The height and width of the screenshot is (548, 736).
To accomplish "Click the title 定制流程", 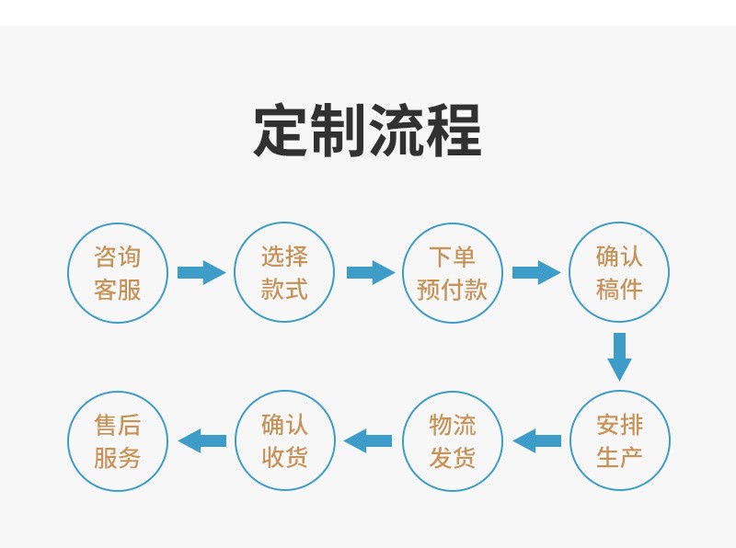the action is pyautogui.click(x=367, y=131).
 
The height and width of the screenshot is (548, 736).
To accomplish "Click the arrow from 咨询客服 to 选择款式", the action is pyautogui.click(x=201, y=272).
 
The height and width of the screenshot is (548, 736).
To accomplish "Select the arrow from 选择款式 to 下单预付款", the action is pyautogui.click(x=371, y=272).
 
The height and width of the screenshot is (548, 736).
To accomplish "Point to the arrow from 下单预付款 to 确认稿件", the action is pyautogui.click(x=536, y=272).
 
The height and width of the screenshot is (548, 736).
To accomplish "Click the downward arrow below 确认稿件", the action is pyautogui.click(x=619, y=357).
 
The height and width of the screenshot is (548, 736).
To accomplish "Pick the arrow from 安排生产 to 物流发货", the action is pyautogui.click(x=537, y=440).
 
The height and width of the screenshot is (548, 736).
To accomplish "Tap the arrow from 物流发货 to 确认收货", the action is pyautogui.click(x=367, y=440).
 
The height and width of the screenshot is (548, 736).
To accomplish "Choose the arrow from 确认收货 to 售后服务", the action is pyautogui.click(x=202, y=440).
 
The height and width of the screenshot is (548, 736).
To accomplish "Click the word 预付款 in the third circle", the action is pyautogui.click(x=452, y=289).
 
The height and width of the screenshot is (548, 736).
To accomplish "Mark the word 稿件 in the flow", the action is pyautogui.click(x=619, y=289).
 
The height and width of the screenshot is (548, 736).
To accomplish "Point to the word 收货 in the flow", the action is pyautogui.click(x=285, y=457).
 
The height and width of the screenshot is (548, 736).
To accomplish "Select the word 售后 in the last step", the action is pyautogui.click(x=118, y=425).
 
